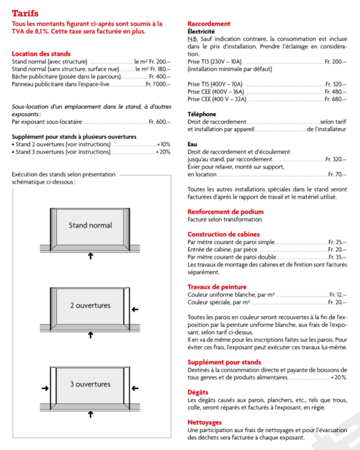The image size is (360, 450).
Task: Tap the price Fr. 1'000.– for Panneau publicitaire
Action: (158, 84)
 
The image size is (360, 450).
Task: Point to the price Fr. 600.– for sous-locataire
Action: (160, 122)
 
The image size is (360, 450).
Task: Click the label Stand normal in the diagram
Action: (90, 225)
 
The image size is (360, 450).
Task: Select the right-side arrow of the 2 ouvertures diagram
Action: (137, 310)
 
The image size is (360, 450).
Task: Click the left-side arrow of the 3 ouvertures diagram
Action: (45, 388)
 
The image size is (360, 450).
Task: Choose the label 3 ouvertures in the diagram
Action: (90, 384)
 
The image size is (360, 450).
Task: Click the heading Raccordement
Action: (209, 24)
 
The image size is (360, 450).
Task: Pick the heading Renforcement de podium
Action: (225, 212)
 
